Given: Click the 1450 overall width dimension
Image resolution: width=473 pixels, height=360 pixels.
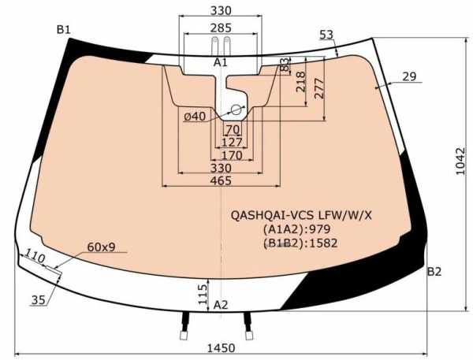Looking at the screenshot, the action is pos(221,348).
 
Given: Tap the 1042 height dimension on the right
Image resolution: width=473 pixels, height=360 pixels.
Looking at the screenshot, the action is pos(461,161).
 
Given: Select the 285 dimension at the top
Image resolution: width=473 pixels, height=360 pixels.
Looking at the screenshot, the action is pos(221,28).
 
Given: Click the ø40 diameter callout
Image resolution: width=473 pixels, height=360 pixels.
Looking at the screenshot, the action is pos(195,117).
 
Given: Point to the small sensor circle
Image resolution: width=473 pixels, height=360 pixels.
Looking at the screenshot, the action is pos(236,109).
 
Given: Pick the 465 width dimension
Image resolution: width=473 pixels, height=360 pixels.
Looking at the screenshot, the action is pos(221,180).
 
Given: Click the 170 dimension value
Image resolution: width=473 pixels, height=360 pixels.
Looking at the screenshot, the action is pos(232,155).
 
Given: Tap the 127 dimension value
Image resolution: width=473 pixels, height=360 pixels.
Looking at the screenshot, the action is pos(232,143).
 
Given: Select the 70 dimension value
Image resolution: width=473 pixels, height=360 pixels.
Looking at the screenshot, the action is pos(233,130).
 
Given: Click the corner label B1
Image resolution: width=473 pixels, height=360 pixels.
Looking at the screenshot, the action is pos(63,30).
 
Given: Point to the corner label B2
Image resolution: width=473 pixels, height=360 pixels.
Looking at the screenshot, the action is pos(434,272).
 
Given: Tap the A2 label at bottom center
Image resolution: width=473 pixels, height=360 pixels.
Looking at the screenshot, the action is pos(221,305).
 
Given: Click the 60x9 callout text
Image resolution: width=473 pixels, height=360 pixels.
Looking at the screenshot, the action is pos(101,247).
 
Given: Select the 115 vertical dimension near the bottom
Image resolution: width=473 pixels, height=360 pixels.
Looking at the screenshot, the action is pos(203,295).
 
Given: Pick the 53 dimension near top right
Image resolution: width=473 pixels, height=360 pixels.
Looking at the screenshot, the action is pos(326,35).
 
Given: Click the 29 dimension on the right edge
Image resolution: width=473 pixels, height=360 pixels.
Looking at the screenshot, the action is pos(409,76).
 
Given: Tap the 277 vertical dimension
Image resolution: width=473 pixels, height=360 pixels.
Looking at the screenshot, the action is pos(318,88).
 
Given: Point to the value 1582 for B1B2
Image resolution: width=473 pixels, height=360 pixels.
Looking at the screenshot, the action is pos(323,243).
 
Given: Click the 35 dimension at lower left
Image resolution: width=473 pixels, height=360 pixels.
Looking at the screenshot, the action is pos(39,300).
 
